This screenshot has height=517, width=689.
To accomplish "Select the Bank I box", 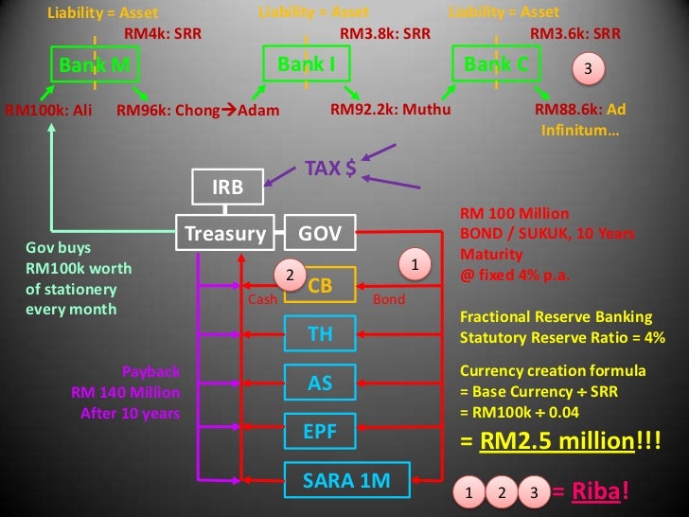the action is click(300, 64).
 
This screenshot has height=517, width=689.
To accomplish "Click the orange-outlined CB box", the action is click(320, 285).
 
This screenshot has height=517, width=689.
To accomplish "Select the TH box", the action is click(320, 333).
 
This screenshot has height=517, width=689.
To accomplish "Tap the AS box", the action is click(320, 383).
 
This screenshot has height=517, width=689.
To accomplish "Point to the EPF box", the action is click(320, 432).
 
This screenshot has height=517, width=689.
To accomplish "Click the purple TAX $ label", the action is click(329, 169).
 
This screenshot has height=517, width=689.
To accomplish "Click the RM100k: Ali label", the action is click(49, 110).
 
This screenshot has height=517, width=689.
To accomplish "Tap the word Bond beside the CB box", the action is click(389, 299).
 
